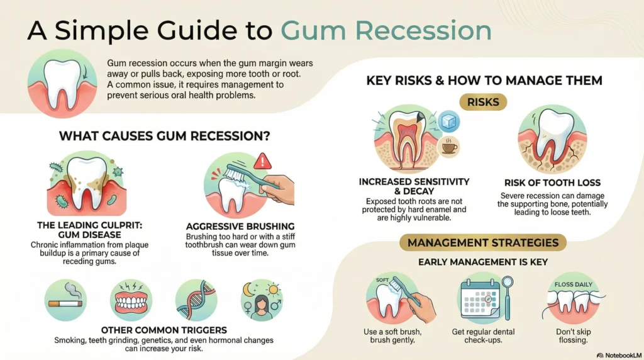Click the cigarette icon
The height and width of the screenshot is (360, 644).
pos(65,303)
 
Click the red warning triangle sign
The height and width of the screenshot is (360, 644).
pos(262,162)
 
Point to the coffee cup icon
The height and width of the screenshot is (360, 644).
pos(449,147)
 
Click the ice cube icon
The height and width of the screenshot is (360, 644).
pos(448,121)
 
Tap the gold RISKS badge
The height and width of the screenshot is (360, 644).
pos(483,102)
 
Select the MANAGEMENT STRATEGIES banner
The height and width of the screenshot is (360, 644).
pos(483,242)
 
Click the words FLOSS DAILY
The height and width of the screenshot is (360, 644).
pos(574,284)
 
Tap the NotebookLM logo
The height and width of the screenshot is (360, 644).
pos(619,355)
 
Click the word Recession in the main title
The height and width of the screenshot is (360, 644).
pos(423,30)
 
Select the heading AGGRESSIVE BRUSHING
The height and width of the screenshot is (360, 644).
pos(240,227)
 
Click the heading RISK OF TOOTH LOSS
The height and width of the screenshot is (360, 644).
pos(552,183)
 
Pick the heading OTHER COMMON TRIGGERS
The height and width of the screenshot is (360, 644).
pos(164,330)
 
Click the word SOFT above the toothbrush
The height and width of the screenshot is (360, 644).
pos(382,280)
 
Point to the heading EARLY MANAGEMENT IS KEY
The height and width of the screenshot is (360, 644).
pos(483,262)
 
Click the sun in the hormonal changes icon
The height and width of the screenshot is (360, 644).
pos(273,290)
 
